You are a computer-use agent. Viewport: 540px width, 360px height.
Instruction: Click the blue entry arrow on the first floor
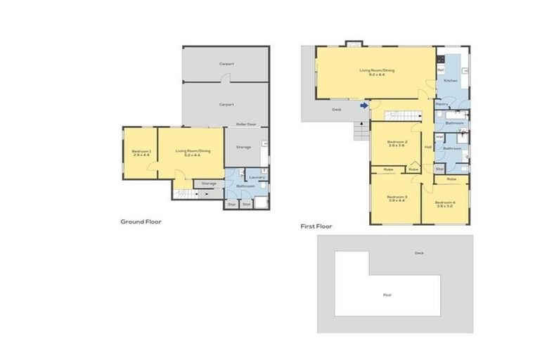364,106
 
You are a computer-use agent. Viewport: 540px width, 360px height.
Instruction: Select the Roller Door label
245,124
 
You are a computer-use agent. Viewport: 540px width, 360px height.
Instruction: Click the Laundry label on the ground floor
256,177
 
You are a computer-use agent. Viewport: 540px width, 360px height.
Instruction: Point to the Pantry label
442,104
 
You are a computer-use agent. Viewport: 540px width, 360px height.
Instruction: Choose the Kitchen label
450,81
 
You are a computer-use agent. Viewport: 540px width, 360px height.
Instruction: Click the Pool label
387,295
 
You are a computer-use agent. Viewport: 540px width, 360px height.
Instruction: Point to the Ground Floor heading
141,221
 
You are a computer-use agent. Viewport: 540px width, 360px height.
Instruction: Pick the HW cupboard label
439,136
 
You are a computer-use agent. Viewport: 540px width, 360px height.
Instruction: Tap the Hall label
427,147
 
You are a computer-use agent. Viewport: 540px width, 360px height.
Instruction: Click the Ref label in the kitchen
441,70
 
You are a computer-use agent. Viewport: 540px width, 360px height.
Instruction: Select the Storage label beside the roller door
243,147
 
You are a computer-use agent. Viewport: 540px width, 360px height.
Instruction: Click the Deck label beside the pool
419,253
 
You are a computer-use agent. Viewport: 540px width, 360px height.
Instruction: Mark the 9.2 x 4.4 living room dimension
377,75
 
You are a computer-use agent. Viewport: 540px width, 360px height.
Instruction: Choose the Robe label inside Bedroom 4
451,179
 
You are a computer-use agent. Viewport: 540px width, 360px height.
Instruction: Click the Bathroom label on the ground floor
245,186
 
